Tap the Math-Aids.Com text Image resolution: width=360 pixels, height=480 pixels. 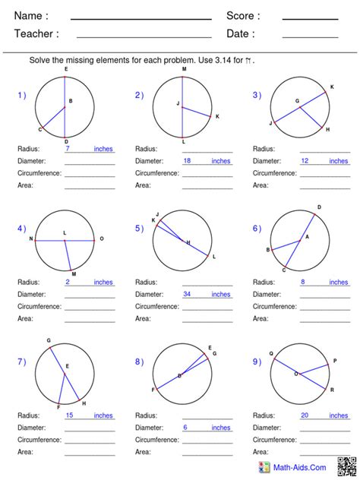coord(301,468)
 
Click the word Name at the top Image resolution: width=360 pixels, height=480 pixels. coord(31,16)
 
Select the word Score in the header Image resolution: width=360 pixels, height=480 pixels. coord(243,16)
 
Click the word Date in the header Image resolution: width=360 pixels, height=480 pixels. coord(240,33)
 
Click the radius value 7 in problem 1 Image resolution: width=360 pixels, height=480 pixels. coord(68,149)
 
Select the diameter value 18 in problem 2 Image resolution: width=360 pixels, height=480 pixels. coord(188,161)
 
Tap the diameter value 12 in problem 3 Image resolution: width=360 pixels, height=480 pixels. coord(305,161)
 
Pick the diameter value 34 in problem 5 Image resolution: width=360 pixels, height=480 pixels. coord(188,294)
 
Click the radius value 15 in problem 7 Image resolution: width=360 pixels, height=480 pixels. coord(70,415)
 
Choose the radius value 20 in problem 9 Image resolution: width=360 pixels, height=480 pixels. coord(305,415)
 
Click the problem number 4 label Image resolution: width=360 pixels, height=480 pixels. coord(21,228)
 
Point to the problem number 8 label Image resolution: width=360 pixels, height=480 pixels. coord(139,362)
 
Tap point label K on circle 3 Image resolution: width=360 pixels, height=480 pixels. coord(331,87)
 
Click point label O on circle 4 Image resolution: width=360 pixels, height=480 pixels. coord(102,239)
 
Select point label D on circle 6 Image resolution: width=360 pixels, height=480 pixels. coord(319,207)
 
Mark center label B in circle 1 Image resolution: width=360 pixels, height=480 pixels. coord(71,101)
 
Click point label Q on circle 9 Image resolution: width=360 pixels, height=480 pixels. coord(271,353)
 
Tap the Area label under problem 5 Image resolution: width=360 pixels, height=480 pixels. coord(143,318)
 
